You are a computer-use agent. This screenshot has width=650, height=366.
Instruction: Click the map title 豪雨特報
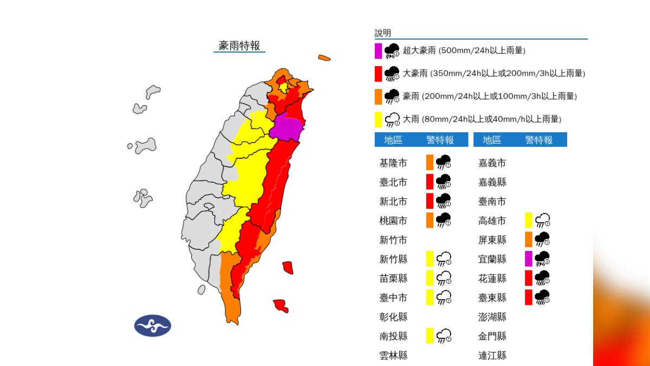239,46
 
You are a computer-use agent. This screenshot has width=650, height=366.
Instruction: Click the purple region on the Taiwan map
287,129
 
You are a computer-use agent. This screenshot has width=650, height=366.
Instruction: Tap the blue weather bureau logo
153,326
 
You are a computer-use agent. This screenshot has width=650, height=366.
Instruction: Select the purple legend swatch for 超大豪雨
379,51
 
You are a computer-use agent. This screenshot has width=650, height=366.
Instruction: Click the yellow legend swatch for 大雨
379,119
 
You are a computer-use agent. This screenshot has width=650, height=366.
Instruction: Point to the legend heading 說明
382,33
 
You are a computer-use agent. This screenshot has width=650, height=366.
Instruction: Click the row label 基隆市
393,163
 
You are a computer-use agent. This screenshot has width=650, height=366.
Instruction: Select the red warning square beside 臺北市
430,182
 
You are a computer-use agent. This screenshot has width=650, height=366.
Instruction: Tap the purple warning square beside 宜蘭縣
529,259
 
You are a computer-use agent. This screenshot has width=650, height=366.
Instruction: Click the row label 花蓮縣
492,278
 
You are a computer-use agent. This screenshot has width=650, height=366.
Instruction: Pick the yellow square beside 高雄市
529,220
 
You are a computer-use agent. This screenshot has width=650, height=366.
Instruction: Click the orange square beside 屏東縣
529,240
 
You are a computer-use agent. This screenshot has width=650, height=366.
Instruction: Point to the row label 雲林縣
393,356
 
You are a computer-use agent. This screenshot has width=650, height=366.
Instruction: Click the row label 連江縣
492,356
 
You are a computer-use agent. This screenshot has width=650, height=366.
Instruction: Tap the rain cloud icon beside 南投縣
444,336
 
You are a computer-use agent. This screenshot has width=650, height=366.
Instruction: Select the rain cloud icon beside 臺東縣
543,297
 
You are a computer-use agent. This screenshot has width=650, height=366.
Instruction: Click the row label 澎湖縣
492,317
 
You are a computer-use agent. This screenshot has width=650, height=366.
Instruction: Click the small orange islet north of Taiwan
324,57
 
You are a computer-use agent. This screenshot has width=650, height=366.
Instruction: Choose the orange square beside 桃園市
430,220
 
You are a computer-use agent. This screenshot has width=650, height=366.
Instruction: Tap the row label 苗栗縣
393,278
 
